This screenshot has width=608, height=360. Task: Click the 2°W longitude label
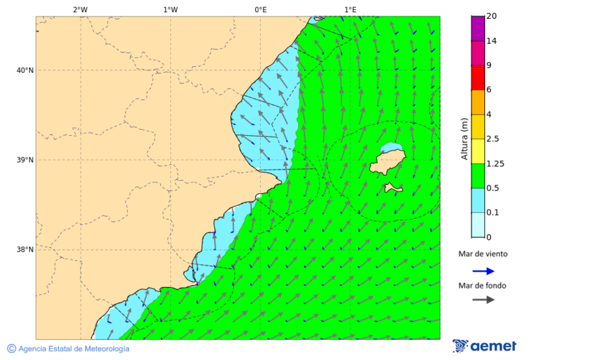click(x=80, y=9)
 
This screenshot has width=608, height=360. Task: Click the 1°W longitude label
click(x=170, y=9)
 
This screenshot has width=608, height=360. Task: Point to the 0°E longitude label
click(x=260, y=9)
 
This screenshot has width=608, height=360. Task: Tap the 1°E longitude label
click(x=350, y=9)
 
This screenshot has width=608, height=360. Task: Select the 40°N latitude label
click(x=26, y=70)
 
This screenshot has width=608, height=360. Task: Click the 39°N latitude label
click(x=26, y=160)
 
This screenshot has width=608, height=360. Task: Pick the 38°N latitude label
click(x=26, y=250)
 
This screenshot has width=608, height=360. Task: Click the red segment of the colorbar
click(x=478, y=78)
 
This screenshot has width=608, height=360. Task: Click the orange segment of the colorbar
click(x=478, y=102)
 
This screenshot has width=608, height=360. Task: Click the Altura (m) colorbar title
click(x=464, y=138)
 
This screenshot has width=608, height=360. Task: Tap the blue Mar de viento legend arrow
click(x=483, y=271)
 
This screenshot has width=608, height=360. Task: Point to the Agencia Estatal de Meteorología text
click(x=74, y=349)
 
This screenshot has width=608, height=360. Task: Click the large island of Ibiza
click(x=387, y=162)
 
